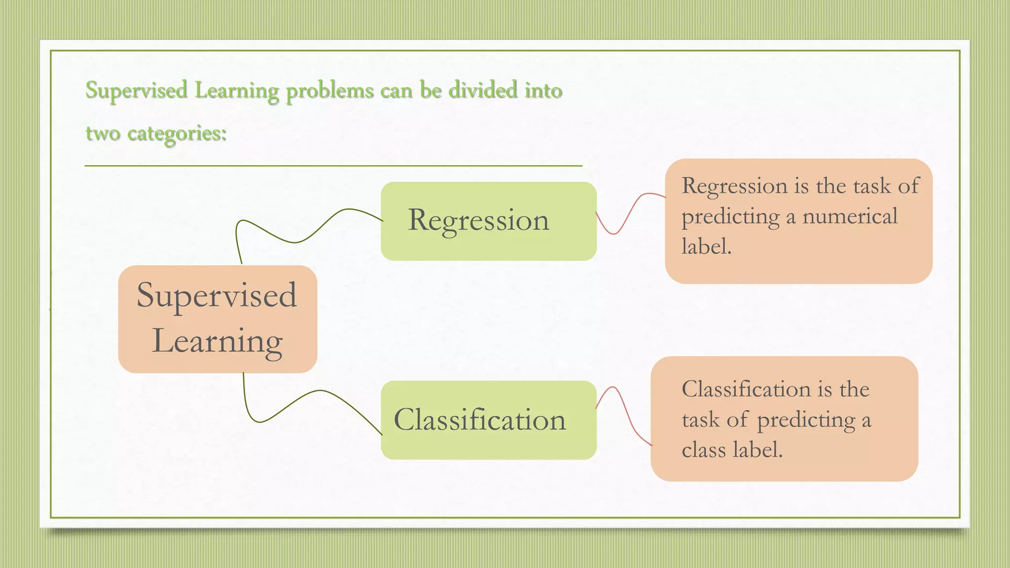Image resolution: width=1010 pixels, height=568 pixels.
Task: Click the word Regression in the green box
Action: click(478, 220)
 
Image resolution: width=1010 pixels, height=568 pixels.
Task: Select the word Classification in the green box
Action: click(479, 420)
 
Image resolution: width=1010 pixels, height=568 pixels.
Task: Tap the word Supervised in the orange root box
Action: click(217, 296)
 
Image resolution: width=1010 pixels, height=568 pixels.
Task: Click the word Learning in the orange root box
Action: click(217, 341)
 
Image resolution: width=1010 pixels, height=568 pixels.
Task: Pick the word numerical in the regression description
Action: click(850, 216)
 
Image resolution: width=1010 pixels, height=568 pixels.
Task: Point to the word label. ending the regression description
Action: click(706, 247)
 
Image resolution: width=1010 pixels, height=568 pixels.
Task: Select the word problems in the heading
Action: click(329, 91)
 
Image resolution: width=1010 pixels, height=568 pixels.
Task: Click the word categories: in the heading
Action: click(177, 134)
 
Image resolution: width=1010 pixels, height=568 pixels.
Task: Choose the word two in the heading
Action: click(103, 134)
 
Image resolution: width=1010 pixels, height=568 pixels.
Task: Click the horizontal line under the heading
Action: click(333, 166)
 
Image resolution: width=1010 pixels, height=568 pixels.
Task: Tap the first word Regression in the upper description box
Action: click(734, 186)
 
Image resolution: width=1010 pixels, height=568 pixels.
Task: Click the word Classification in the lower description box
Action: click(746, 390)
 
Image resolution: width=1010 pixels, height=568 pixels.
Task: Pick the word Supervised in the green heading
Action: click(137, 91)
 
